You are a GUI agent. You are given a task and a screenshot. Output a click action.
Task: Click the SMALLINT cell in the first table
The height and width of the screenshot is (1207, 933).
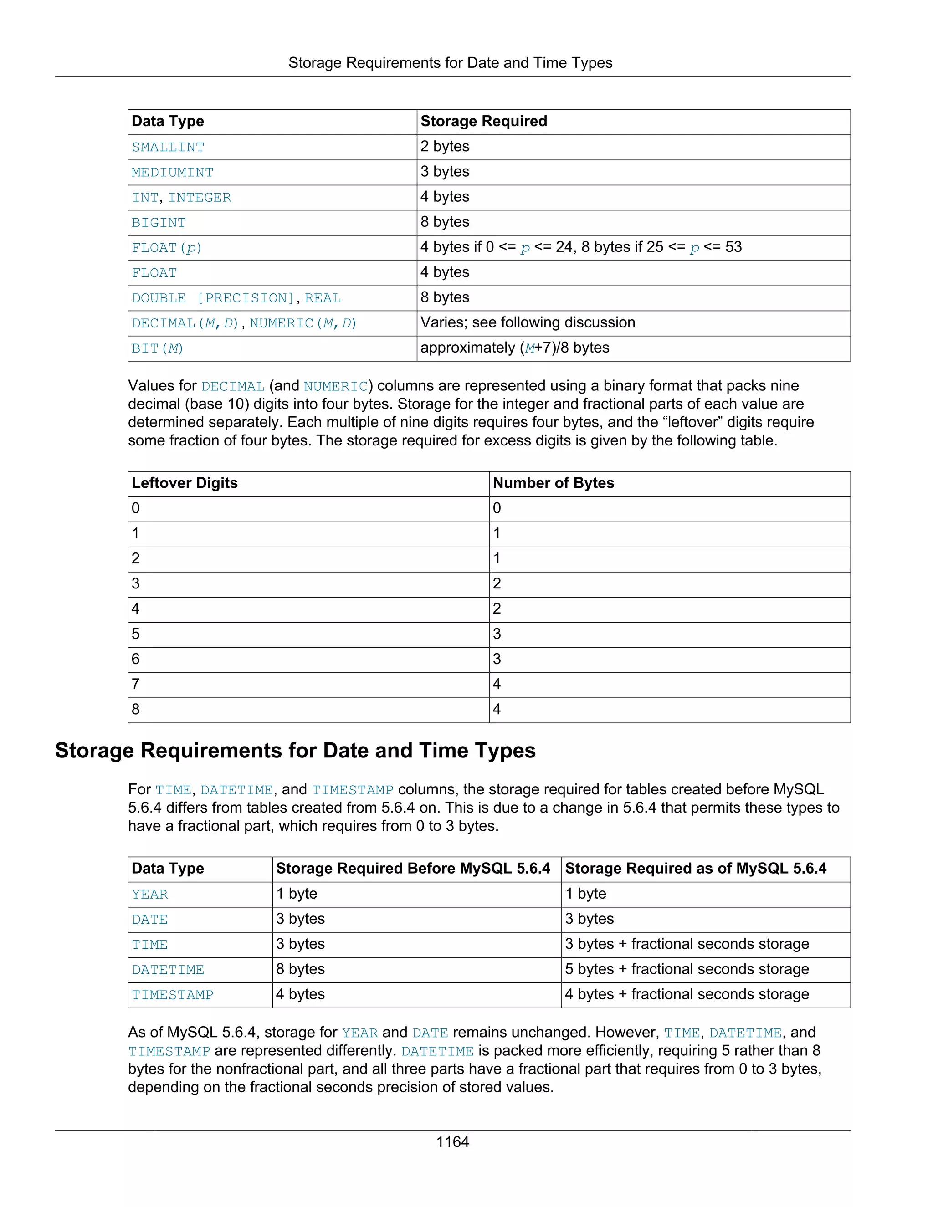168,148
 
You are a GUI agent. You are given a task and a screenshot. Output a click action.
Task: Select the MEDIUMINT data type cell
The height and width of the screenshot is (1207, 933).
173,173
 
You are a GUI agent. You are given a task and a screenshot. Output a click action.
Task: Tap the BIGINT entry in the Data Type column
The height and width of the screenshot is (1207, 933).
159,223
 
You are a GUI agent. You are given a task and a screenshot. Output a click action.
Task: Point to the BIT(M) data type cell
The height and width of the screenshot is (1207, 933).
158,348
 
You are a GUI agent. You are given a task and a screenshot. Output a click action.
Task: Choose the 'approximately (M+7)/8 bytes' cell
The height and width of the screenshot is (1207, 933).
515,348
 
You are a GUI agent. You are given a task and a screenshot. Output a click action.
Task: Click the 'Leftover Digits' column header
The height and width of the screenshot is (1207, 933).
185,483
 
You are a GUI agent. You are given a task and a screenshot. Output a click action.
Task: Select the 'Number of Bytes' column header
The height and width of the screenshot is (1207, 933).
553,483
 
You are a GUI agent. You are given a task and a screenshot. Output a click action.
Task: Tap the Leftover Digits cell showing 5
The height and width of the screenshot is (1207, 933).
136,634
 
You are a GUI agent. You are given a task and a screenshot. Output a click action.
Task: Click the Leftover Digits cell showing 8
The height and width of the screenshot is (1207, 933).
136,710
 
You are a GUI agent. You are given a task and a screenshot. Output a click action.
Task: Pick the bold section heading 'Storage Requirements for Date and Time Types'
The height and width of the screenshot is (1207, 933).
295,751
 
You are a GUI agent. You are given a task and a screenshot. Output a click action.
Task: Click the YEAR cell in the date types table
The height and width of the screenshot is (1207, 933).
150,894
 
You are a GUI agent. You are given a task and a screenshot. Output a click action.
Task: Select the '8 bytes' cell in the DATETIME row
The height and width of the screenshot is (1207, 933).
301,969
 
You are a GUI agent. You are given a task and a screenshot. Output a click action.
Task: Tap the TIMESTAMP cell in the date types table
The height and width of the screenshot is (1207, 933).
173,995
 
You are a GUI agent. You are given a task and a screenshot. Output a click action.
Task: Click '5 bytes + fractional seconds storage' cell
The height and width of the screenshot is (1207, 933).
687,969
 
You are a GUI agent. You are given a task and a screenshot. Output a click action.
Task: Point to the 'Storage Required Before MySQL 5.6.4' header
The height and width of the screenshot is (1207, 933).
413,869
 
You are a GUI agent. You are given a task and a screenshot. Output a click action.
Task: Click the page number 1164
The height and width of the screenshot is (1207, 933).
452,1142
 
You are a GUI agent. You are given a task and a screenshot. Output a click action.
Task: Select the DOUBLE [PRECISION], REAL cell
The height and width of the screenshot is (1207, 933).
236,298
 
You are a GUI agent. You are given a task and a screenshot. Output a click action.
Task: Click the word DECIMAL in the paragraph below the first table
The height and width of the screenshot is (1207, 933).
233,386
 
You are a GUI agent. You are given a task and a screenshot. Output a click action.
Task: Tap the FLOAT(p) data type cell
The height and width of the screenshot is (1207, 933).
167,248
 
